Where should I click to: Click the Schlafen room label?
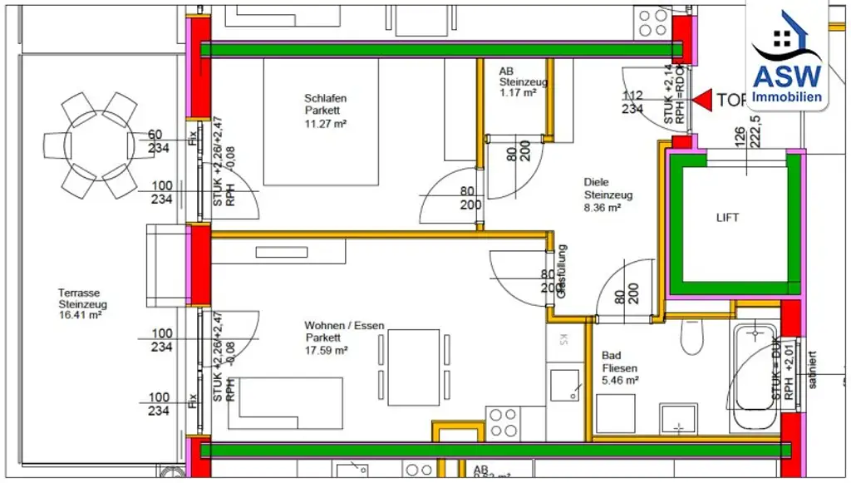(x=325, y=99)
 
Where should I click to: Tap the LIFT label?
(x=727, y=218)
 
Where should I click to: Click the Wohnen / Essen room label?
(x=344, y=326)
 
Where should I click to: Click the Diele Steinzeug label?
(x=608, y=189)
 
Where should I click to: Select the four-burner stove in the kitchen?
(x=503, y=423)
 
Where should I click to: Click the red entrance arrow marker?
(x=703, y=100)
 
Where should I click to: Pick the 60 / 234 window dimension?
(x=159, y=142)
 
